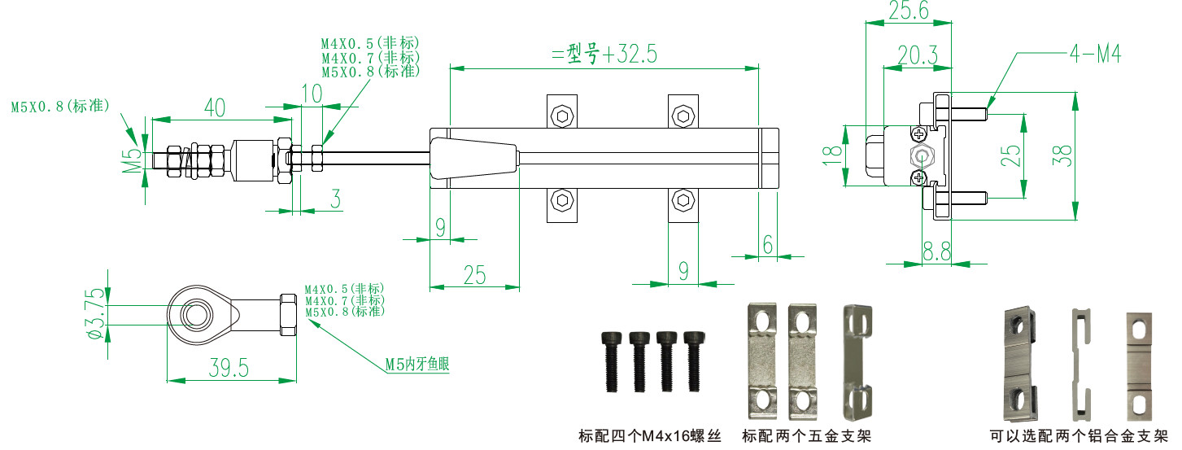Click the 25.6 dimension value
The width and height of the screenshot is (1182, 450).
[x=908, y=10]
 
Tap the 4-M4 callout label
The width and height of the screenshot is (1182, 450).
[x=1095, y=55]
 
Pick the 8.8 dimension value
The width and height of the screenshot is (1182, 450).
[x=936, y=253]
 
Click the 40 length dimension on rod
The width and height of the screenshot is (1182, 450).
[x=214, y=107]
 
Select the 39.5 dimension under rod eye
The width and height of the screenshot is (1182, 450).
[x=229, y=369]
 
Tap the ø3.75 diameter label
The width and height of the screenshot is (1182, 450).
[x=97, y=313]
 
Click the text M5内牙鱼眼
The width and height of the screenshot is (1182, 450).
[x=417, y=365]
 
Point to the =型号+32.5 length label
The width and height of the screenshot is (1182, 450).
[x=603, y=55]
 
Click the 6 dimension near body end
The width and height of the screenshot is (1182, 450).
[x=767, y=243]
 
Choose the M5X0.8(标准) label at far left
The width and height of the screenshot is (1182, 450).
[x=59, y=106]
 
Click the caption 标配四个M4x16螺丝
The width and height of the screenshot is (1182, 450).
[x=650, y=436]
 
